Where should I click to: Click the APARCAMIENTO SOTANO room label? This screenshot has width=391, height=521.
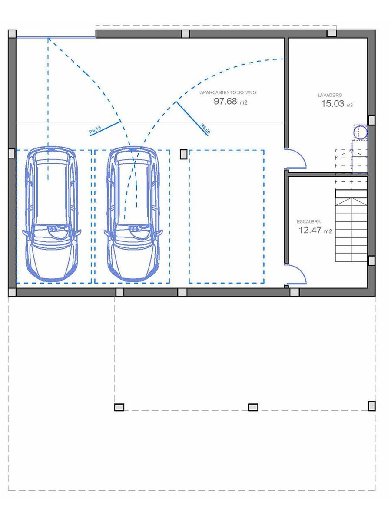click(228, 92)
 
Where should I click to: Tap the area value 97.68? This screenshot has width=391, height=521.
click(225, 101)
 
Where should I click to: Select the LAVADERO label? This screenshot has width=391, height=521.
click(330, 95)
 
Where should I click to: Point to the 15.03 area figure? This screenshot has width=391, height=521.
click(333, 103)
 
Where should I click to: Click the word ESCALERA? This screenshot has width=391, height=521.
click(308, 221)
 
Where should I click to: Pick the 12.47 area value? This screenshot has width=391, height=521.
click(310, 230)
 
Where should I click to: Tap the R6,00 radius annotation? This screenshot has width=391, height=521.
click(205, 129)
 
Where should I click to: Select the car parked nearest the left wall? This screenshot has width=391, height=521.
click(52, 214)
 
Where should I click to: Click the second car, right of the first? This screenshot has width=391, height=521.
click(133, 214)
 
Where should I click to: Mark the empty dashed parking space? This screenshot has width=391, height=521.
click(226, 217)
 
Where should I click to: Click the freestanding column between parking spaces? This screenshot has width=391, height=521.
click(183, 154)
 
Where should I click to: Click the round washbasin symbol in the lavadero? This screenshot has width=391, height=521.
click(361, 132)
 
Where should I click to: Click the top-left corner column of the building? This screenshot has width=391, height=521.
click(12, 34)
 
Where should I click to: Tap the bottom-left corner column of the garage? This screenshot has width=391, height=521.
click(12, 292)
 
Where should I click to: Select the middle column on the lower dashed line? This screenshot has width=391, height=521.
click(253, 407)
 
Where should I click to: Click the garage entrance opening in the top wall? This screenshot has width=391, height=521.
click(56, 34)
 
